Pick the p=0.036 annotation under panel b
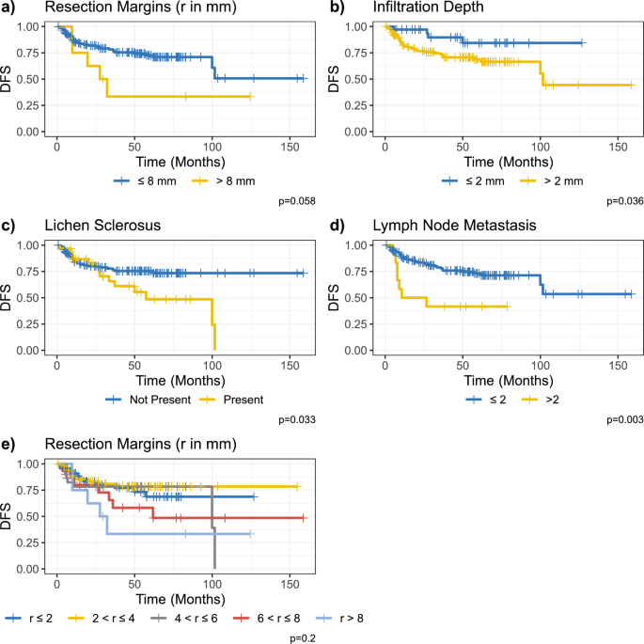point(622,200)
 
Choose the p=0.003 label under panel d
point(622,419)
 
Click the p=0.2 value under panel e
point(301,638)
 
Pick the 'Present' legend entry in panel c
point(243,398)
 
